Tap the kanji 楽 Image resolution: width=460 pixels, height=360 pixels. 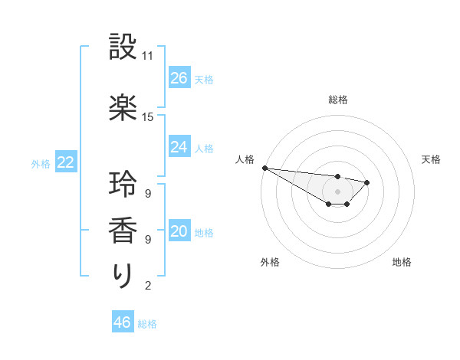(123, 107)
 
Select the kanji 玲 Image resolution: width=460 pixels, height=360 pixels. (123, 184)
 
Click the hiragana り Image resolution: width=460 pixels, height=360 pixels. (123, 276)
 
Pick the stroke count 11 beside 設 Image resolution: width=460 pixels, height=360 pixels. (148, 57)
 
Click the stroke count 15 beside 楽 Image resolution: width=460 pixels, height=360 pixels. (148, 117)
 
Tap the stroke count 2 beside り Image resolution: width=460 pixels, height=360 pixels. (147, 286)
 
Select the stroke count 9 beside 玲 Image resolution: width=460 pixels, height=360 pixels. (147, 193)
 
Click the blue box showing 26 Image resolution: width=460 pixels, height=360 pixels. (179, 78)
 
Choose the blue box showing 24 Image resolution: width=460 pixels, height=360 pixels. (179, 147)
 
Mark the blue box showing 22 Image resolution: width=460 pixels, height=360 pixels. (66, 162)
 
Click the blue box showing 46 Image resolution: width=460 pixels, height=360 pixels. (123, 322)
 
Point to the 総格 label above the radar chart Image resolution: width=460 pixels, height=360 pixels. (338, 100)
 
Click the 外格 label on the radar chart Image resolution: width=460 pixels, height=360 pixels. (270, 263)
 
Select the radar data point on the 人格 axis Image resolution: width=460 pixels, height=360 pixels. (264, 168)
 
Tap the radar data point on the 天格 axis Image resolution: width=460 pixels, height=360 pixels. (367, 182)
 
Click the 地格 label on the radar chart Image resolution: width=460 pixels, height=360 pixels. (402, 263)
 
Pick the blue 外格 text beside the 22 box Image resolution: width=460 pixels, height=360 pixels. (40, 163)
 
